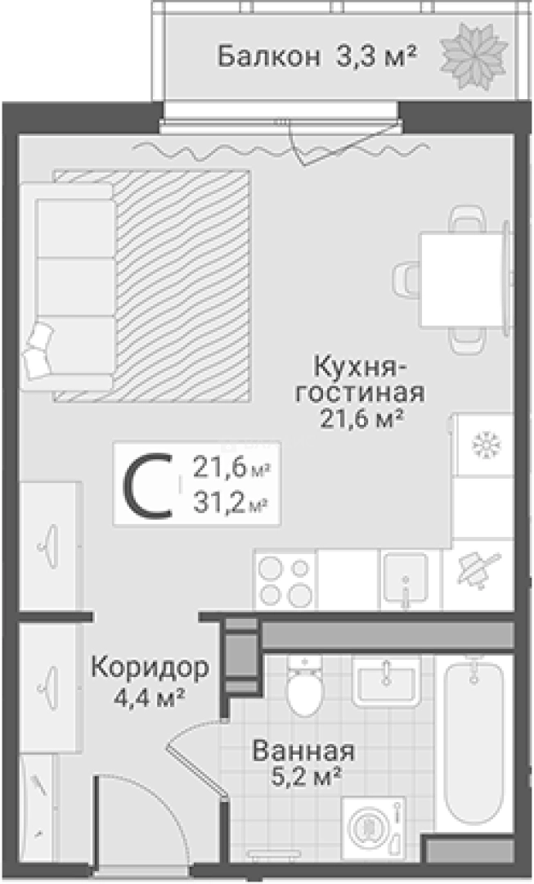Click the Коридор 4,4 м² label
pos(148,681)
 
